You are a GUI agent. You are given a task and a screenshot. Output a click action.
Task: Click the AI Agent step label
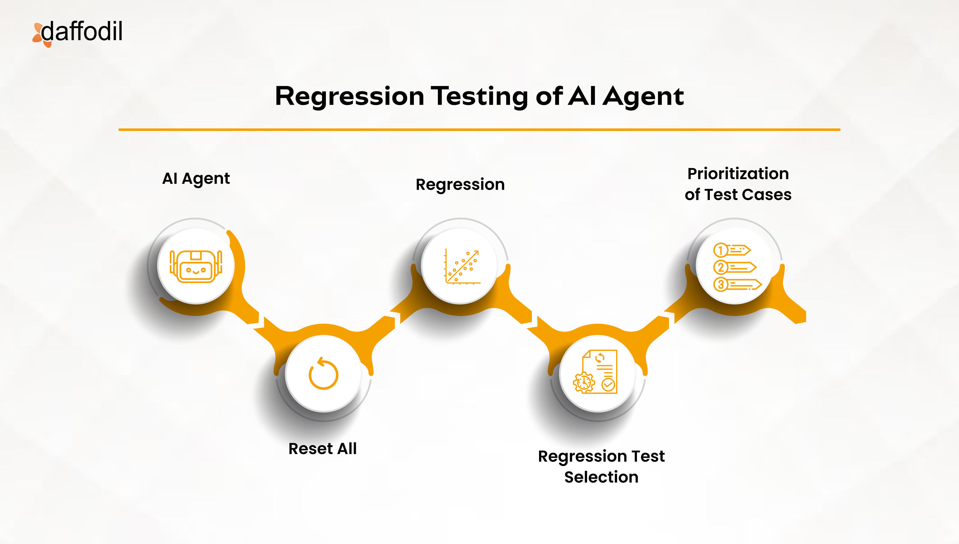tap(196, 179)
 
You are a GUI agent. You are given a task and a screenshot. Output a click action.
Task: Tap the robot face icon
tap(196, 267)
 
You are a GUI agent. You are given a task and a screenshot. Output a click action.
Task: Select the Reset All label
tap(323, 448)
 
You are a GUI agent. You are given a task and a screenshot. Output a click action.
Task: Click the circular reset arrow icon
tap(323, 374)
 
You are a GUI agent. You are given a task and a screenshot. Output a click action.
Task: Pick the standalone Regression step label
tap(460, 184)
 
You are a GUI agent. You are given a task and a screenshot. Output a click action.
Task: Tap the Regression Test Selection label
tap(601, 466)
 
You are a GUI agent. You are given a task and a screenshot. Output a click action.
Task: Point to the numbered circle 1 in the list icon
tap(721, 250)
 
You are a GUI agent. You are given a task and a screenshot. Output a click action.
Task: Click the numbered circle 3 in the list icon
tap(721, 284)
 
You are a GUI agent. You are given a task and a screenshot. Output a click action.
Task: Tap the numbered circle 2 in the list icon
tap(721, 267)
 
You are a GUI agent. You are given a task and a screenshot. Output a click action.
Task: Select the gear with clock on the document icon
tap(583, 383)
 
